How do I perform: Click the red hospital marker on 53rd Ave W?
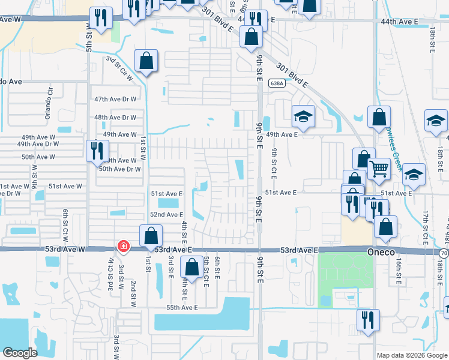coord(123,246)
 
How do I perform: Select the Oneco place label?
coord(381,253)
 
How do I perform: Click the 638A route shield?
coord(276,83)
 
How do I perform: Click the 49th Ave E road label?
coord(282,135)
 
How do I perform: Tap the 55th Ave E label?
coord(182,307)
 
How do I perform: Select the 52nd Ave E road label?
coord(166,214)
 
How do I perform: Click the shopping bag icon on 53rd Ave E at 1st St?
coord(151,235)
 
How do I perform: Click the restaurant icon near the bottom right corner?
coord(367,319)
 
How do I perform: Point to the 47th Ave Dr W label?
coord(115,99)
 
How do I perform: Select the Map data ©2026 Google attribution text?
coord(411,355)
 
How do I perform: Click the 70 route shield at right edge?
coord(443,254)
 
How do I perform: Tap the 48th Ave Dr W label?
coord(115,118)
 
